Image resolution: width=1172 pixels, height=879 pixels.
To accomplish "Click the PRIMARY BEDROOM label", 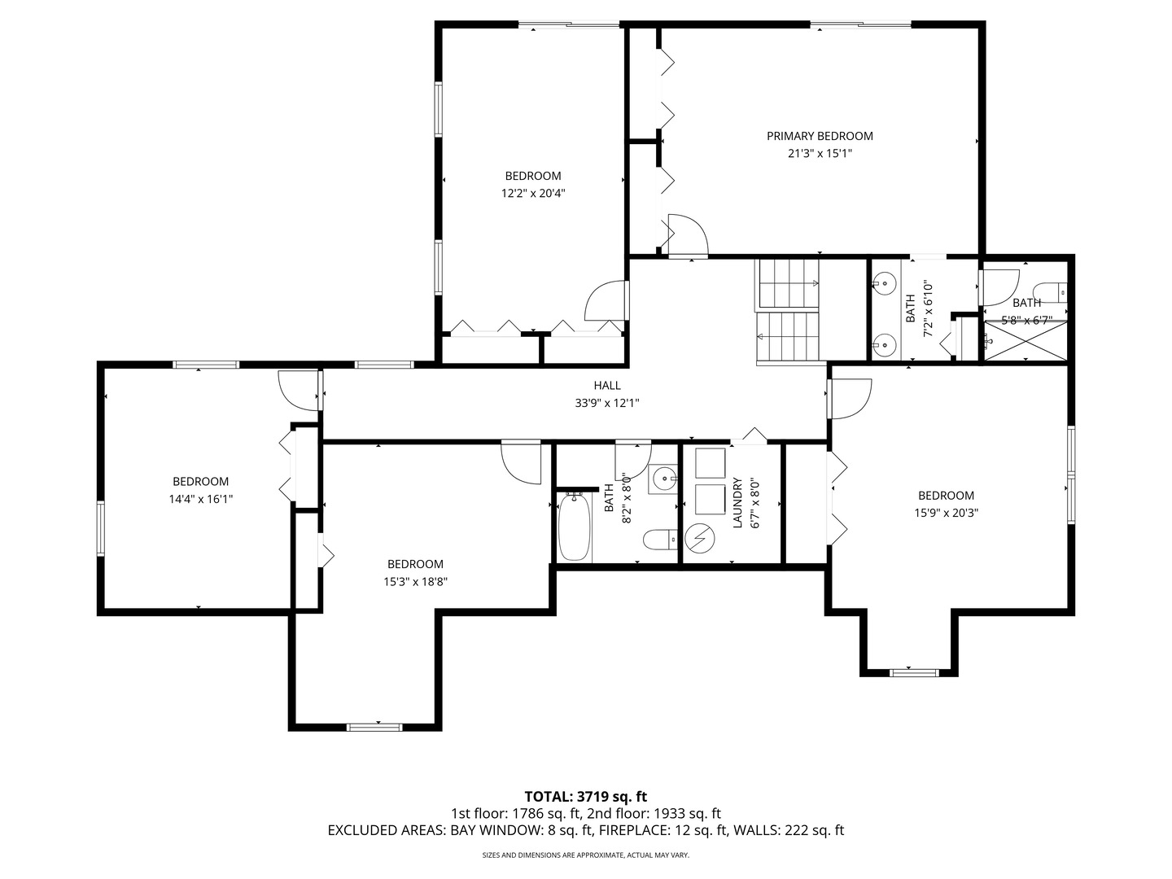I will [x=820, y=136].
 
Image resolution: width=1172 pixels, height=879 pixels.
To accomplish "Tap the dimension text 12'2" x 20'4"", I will [x=533, y=194].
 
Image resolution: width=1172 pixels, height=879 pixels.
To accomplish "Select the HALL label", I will [x=606, y=386].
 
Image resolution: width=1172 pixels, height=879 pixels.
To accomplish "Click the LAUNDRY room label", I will [x=738, y=503].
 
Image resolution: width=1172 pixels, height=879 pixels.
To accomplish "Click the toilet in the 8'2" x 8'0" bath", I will [x=658, y=539].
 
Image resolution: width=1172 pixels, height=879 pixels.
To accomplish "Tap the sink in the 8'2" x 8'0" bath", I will [x=664, y=479].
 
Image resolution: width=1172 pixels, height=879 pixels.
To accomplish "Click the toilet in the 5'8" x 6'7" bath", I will [x=1051, y=291].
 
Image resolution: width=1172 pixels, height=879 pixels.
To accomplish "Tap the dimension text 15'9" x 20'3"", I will [x=946, y=514].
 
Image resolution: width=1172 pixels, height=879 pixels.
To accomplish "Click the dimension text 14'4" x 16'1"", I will [x=200, y=500].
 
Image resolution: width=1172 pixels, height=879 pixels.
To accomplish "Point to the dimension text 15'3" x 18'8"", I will [x=415, y=582].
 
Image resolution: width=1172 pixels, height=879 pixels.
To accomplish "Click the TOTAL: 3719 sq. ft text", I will [x=585, y=796].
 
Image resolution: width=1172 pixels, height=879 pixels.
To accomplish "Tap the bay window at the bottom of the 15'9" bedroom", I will [x=912, y=671].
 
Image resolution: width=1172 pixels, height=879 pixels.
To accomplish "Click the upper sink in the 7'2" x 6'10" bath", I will [x=882, y=284].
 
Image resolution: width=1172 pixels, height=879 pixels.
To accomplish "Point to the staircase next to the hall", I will [x=788, y=312].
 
